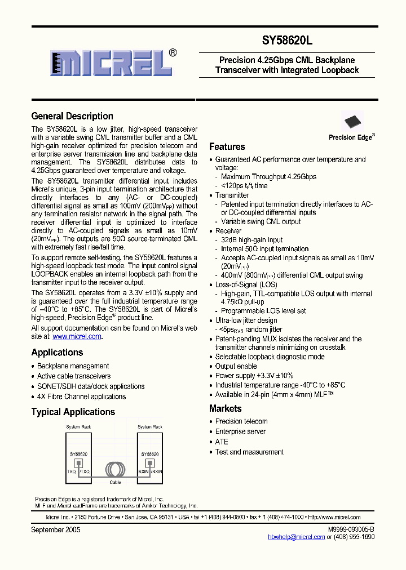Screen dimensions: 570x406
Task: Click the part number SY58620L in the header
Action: point(287,41)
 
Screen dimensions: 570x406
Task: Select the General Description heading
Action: point(72,116)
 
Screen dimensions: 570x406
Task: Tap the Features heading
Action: point(227,146)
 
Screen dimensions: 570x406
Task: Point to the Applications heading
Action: point(57,352)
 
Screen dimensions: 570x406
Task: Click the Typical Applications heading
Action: point(73,412)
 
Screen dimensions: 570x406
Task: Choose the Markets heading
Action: point(225,408)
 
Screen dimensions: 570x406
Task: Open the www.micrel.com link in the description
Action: point(77,336)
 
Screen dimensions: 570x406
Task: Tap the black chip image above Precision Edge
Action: point(352,122)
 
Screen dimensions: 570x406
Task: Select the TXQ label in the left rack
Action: point(71,471)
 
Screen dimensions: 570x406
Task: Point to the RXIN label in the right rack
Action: point(143,471)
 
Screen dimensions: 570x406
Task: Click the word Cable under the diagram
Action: point(114,482)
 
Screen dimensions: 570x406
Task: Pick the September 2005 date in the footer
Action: point(56,529)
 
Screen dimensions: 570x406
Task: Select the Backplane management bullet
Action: point(73,366)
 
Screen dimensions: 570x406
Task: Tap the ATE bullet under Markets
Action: point(222,442)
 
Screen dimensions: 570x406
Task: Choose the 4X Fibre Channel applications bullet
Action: point(81,397)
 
